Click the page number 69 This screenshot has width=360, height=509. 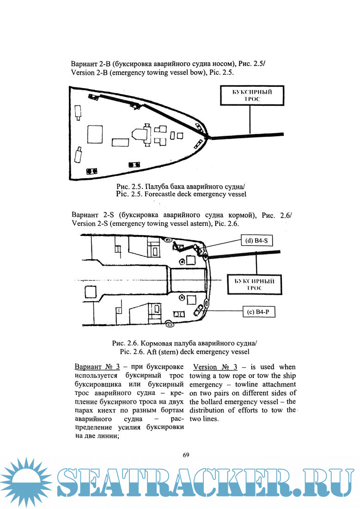point(186,455)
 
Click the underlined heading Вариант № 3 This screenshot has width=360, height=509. point(97,367)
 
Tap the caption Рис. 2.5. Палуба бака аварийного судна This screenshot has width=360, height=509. point(180,187)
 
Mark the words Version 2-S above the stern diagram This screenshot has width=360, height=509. point(90,224)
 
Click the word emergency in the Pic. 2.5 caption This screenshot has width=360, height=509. point(210,194)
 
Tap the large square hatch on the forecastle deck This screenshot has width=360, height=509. point(95,135)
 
